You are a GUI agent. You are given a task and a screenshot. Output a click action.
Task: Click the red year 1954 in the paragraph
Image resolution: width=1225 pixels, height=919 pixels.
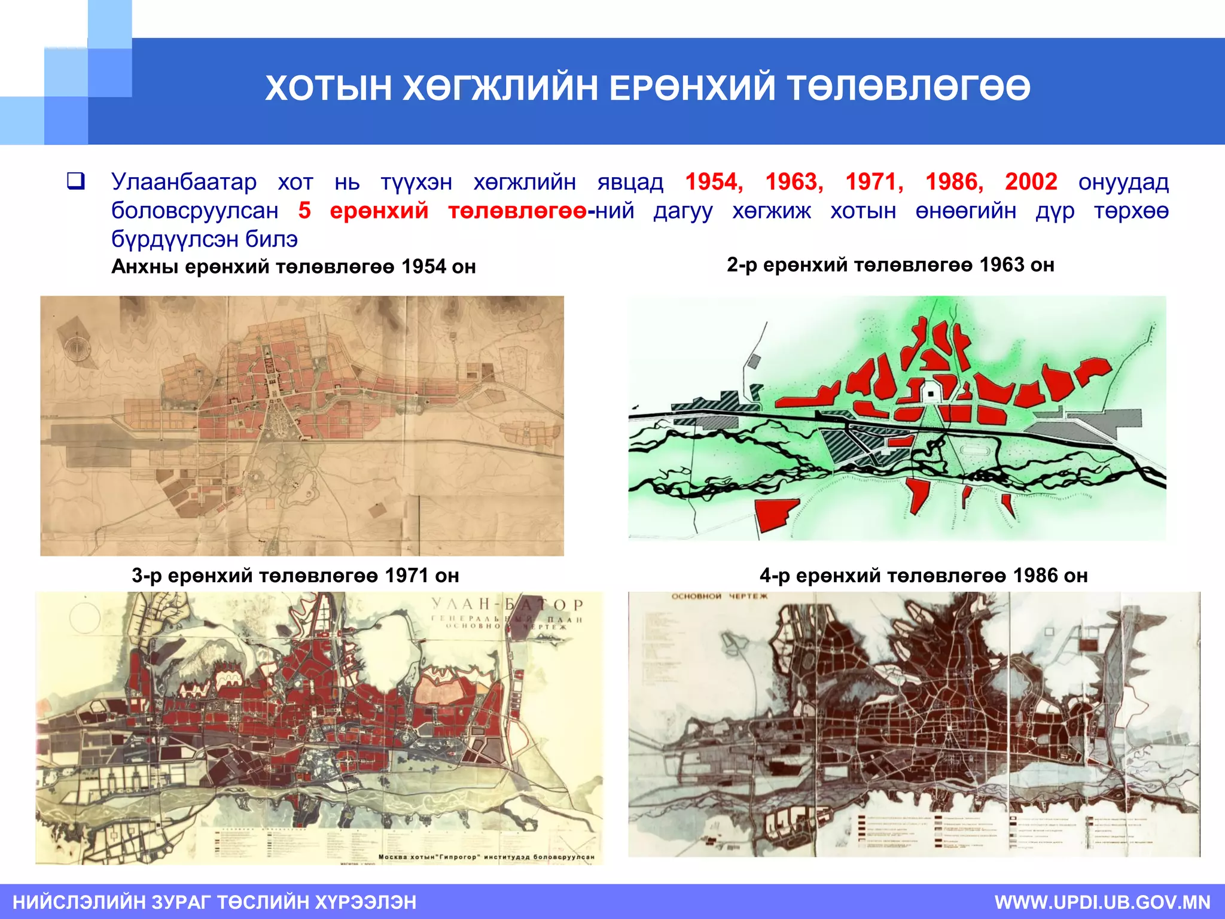[x=714, y=181]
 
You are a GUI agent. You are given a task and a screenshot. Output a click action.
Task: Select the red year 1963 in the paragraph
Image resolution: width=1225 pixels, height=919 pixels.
[x=794, y=181]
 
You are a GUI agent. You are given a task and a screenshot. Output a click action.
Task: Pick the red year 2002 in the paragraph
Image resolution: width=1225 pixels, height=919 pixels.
[x=1031, y=181]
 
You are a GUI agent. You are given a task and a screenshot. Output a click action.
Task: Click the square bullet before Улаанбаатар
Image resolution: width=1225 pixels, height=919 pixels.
[x=75, y=181]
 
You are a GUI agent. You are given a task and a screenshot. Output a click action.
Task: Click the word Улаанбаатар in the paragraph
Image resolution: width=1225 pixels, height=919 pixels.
[x=184, y=181]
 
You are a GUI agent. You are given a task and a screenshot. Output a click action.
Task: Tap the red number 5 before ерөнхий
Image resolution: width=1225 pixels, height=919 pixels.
[x=304, y=211]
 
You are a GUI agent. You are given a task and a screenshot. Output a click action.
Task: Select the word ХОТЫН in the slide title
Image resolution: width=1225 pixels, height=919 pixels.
[x=328, y=88]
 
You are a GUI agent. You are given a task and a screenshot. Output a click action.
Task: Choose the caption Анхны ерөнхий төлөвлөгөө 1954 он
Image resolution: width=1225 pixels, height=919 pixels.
[x=294, y=266]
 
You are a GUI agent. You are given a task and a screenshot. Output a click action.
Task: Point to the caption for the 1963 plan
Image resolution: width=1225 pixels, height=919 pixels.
[x=890, y=264]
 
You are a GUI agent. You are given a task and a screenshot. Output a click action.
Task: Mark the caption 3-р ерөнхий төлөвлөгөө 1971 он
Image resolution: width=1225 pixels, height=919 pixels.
[x=295, y=576]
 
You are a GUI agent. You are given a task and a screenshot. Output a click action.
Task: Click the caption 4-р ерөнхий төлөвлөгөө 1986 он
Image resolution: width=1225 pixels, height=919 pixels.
[x=924, y=576]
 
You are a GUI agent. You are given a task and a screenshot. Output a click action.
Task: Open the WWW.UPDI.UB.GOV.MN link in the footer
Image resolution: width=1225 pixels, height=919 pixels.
[x=1102, y=902]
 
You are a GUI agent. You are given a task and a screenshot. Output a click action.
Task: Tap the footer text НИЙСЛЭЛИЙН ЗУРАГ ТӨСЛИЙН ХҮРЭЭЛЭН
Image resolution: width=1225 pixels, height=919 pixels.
[x=215, y=902]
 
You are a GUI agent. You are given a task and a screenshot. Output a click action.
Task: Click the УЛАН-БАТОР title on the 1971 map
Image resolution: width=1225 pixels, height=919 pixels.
[x=507, y=605]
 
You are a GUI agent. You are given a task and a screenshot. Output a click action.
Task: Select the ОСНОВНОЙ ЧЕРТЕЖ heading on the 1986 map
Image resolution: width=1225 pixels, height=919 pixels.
[x=719, y=597]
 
